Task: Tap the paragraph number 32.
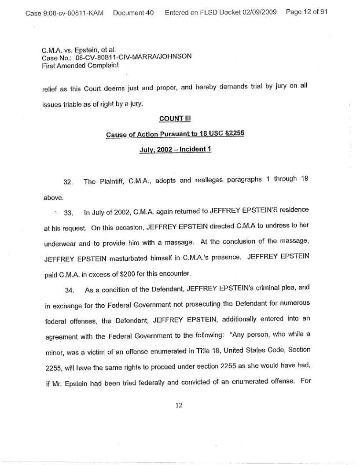tap(69, 183)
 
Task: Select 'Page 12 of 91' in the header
tap(306, 12)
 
